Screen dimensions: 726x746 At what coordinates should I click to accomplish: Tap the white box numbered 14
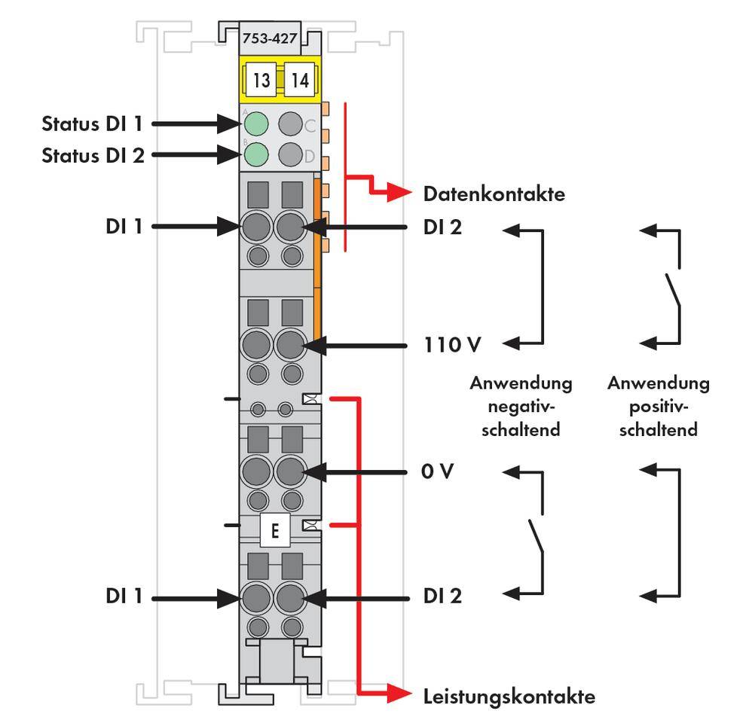tap(299, 81)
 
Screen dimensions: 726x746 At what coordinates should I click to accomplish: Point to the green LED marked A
tap(256, 123)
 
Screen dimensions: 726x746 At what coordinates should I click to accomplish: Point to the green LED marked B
tap(256, 154)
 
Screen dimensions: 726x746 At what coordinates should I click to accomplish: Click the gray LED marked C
tap(291, 123)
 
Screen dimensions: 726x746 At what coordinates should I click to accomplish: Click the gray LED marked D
tap(291, 154)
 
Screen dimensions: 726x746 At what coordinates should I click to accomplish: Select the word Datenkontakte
tap(494, 194)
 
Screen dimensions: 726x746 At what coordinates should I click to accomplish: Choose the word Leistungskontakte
tap(509, 696)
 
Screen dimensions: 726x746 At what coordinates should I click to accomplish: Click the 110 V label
tap(451, 346)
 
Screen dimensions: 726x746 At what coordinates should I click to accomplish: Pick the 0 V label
tap(439, 472)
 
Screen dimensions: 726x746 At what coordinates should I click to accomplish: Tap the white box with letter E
tap(274, 531)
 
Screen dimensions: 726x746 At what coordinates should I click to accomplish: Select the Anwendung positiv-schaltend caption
tap(658, 407)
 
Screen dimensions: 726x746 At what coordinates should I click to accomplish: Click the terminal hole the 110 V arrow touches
tap(290, 346)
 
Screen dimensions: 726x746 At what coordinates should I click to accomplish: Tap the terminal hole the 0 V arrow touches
tap(290, 472)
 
